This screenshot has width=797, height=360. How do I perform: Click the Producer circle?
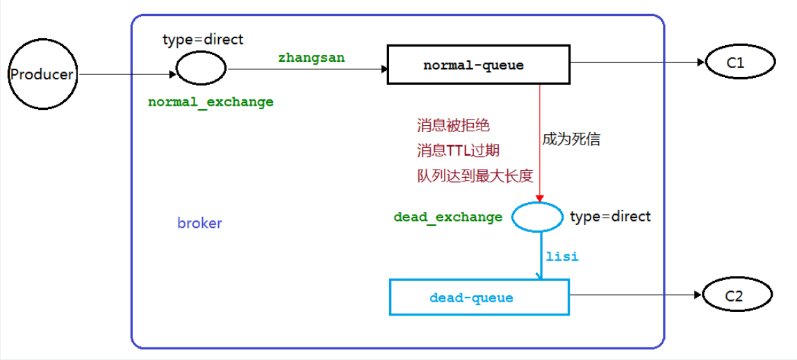(41, 74)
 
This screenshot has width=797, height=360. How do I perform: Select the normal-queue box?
(473, 65)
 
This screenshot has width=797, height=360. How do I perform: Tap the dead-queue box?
(479, 297)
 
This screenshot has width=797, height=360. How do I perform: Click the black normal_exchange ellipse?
(202, 68)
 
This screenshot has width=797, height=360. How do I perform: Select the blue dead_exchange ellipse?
(537, 216)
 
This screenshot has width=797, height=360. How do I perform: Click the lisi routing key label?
(561, 256)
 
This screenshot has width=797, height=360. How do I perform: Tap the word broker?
(199, 223)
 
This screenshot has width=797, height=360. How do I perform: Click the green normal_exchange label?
(211, 101)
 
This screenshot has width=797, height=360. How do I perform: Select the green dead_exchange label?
(447, 217)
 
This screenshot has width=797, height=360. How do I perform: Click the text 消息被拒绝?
(453, 126)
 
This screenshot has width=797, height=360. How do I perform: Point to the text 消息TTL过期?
(458, 150)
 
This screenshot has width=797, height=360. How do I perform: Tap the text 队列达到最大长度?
(475, 175)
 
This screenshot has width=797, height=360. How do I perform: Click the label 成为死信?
(571, 139)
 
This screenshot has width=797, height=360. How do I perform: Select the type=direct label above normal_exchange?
(203, 40)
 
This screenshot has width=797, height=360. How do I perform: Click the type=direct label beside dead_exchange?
(610, 216)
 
